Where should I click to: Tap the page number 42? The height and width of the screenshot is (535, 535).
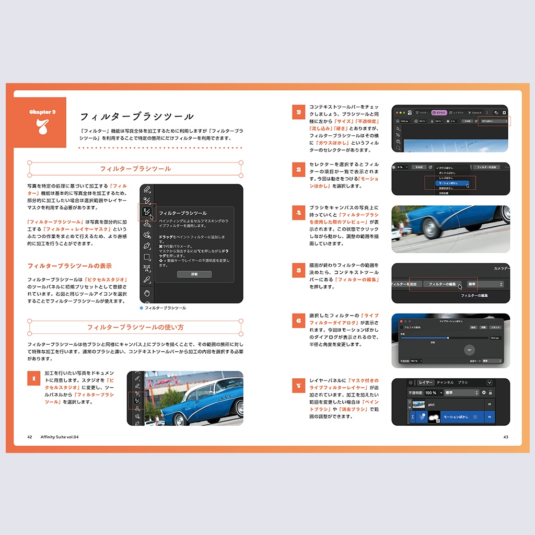30,437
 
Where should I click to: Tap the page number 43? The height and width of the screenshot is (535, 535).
505,437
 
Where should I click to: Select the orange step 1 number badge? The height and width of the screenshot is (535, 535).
34,379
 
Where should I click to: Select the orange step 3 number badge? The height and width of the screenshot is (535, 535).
298,169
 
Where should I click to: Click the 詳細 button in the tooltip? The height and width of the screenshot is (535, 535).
194,274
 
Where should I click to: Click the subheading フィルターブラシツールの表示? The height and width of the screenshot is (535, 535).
69,266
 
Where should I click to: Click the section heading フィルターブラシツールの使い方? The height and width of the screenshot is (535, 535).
135,328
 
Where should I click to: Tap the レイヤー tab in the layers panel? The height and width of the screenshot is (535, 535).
425,382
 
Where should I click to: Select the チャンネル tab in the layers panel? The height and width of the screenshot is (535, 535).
445,382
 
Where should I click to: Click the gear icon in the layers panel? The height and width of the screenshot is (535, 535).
484,392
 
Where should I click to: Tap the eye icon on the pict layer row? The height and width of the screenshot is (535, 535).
490,404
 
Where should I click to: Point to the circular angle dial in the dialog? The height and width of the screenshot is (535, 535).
470,350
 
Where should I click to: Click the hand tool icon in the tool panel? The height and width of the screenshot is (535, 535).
147,293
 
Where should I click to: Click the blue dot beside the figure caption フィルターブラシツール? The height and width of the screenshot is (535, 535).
141,308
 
